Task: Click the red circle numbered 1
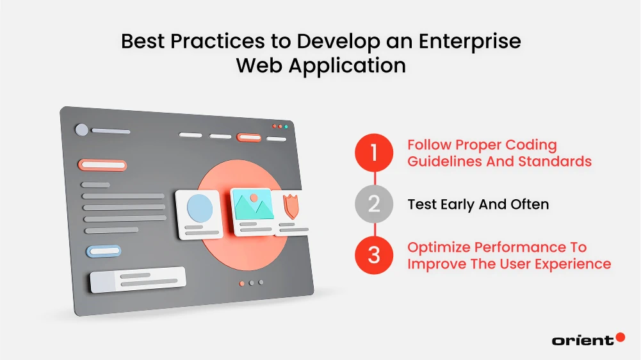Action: coord(375,153)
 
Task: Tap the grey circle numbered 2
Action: coord(375,204)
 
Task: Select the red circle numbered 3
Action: coord(375,255)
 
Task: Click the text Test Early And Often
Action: coord(478,204)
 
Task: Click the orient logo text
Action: coord(582,340)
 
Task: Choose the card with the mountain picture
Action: coord(252,211)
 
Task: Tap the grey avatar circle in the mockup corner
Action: coord(82,130)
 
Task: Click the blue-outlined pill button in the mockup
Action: coord(103,251)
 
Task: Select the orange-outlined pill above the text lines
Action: coord(102,165)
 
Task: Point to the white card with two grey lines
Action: coord(138,279)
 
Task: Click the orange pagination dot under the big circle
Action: coord(241,282)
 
